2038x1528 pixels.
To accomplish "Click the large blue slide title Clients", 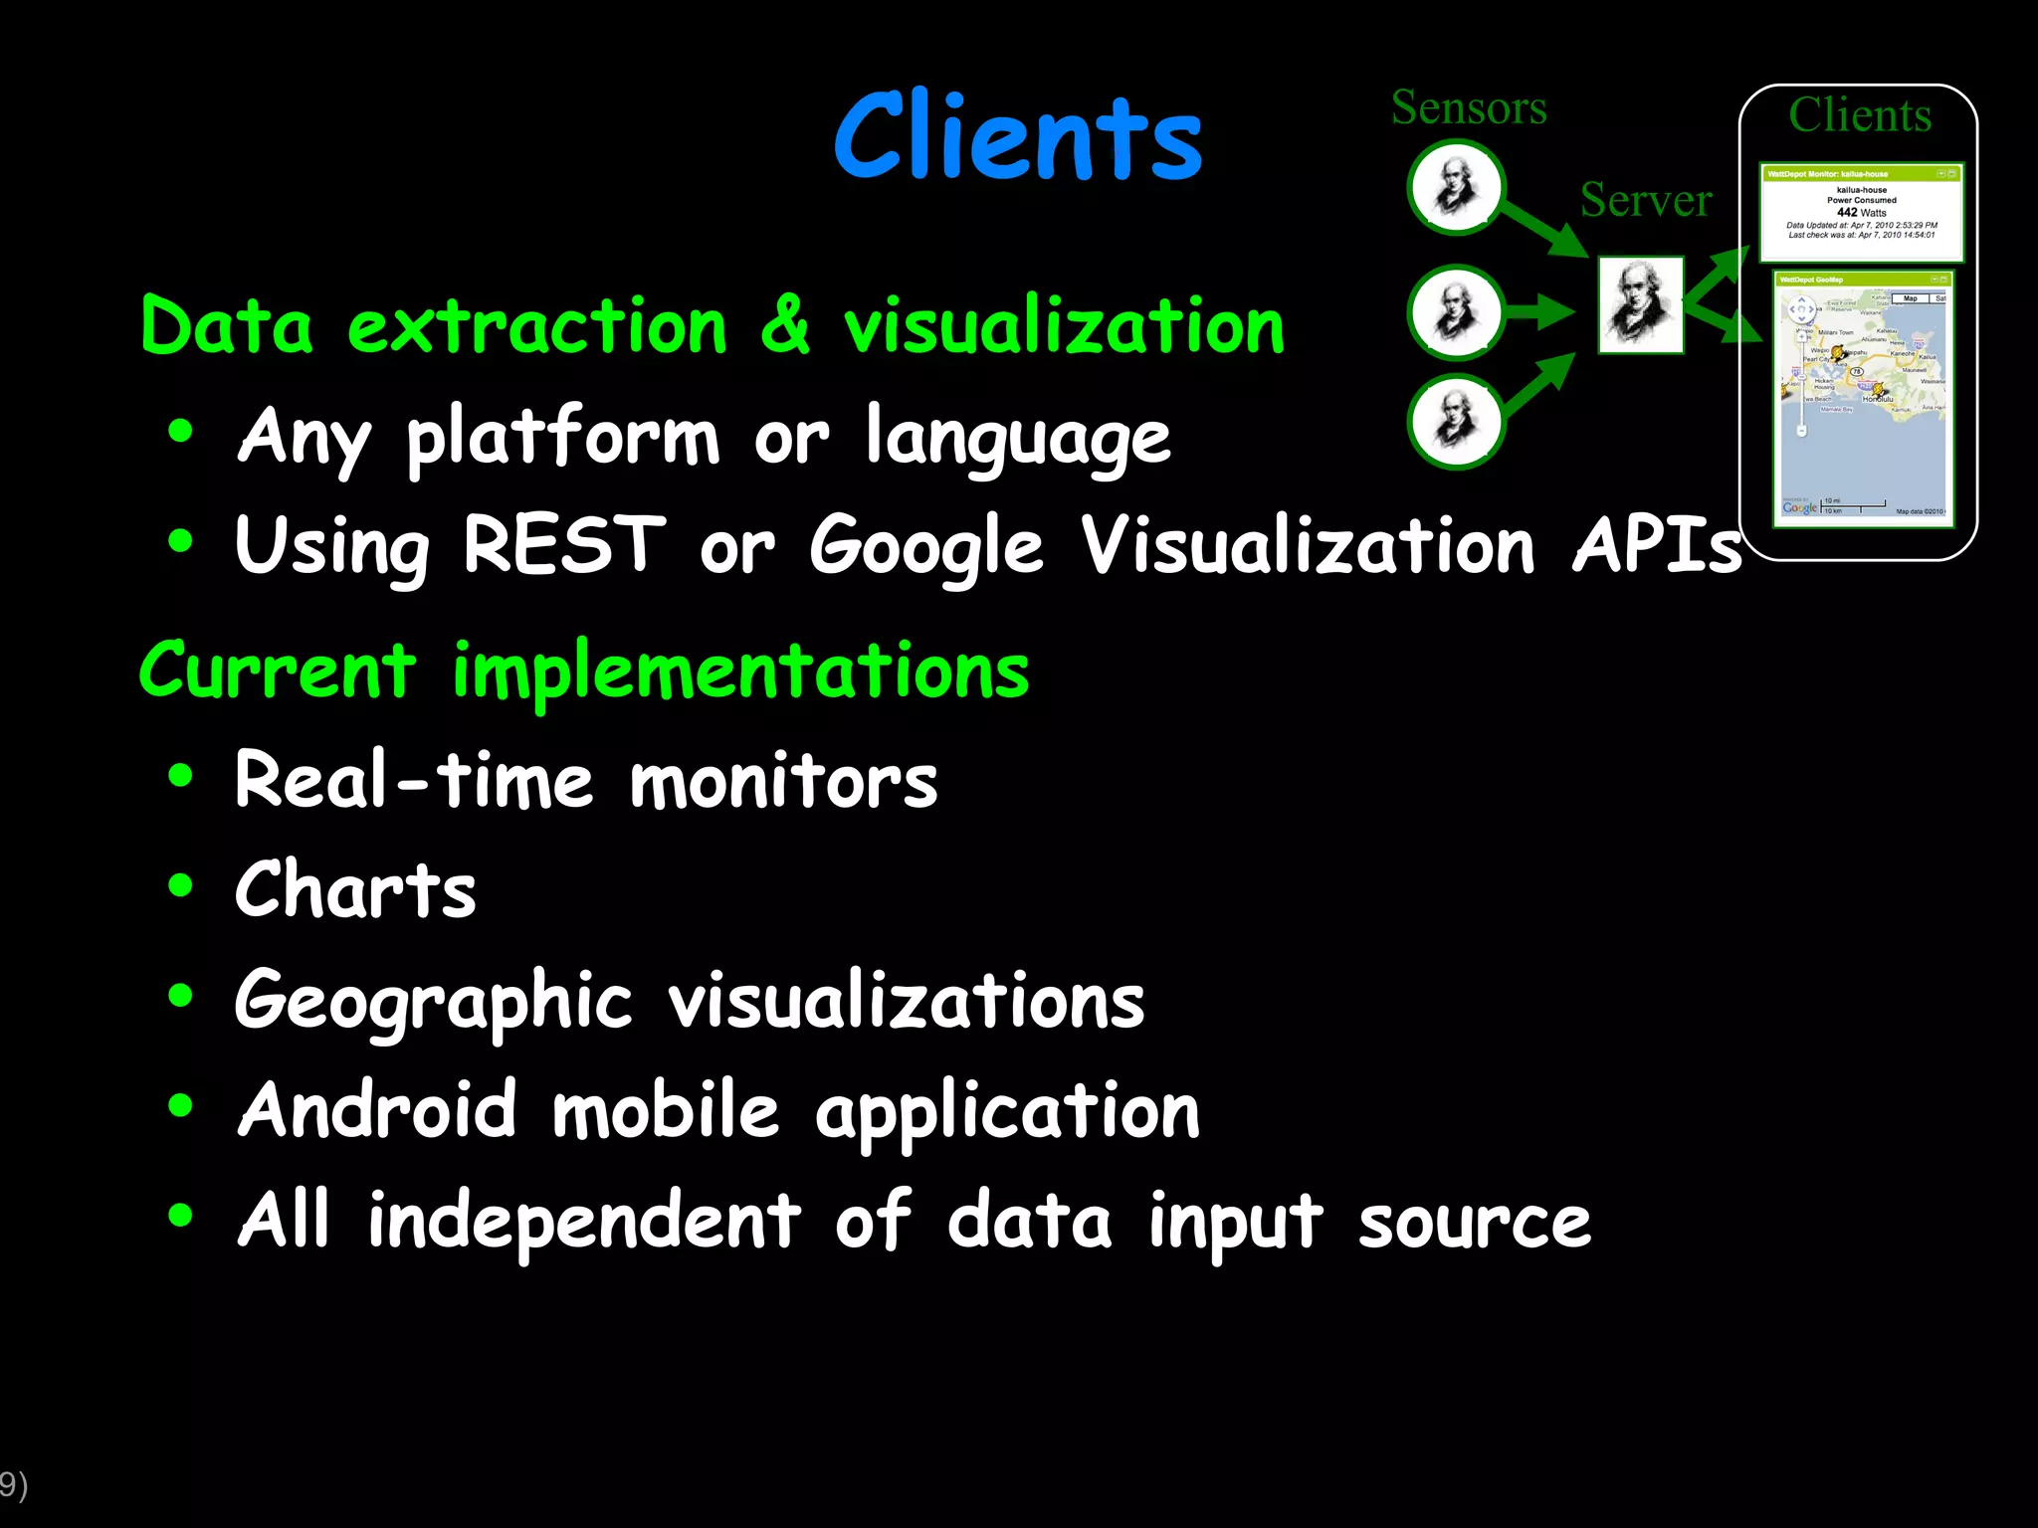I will click(x=1018, y=136).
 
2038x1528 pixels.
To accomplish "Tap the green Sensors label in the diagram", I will click(x=1469, y=107).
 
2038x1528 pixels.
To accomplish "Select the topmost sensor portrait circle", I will click(x=1456, y=188).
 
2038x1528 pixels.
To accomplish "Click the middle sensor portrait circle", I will click(x=1456, y=312).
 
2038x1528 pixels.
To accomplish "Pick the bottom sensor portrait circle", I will click(x=1456, y=422).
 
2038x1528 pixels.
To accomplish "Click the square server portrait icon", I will click(x=1641, y=305).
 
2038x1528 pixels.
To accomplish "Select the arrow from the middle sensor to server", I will click(x=1538, y=312).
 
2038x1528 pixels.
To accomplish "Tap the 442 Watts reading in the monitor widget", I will click(x=1861, y=212).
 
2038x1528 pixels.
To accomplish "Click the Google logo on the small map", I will click(x=1799, y=507).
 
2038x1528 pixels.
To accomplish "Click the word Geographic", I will click(x=433, y=1000).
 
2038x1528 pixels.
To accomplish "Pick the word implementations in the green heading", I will click(x=740, y=670).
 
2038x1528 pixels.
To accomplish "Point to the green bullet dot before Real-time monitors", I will click(x=180, y=775).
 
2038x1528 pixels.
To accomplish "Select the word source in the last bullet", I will click(x=1474, y=1222).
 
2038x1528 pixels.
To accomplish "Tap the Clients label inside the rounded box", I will click(x=1859, y=115).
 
